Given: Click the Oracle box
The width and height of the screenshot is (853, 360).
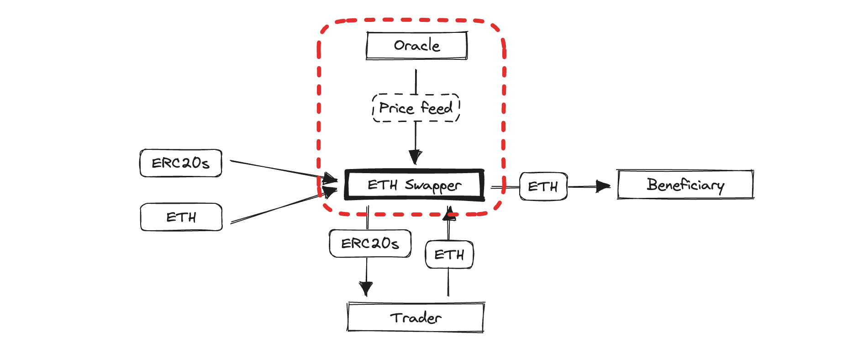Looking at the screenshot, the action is [x=417, y=46].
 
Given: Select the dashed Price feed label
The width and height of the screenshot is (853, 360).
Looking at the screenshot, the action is [x=416, y=108].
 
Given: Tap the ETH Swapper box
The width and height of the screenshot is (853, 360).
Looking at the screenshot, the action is [x=415, y=185].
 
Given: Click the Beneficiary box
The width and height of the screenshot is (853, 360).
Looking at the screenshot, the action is [x=685, y=185].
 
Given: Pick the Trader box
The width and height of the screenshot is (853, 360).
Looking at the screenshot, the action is [x=416, y=317].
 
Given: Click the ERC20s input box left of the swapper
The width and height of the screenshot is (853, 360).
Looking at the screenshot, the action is [x=181, y=163].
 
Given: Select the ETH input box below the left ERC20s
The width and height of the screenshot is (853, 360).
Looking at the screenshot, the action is [x=181, y=217].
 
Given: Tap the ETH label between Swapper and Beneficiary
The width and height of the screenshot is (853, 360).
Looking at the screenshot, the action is [x=543, y=186].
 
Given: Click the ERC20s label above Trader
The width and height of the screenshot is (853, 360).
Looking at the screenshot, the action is [x=370, y=244].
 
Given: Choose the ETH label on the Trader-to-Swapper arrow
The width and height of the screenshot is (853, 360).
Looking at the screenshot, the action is [x=449, y=254].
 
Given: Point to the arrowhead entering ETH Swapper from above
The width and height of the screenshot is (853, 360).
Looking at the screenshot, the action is [x=415, y=157].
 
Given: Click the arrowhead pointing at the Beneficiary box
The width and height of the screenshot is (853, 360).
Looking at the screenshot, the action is [x=604, y=186].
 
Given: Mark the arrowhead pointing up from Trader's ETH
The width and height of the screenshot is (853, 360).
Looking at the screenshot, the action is [x=449, y=213].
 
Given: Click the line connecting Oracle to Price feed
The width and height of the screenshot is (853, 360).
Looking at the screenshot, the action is [x=416, y=82].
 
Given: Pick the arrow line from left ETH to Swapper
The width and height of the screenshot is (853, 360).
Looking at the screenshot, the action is [x=284, y=206].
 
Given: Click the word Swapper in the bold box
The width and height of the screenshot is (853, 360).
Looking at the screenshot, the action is [x=433, y=185].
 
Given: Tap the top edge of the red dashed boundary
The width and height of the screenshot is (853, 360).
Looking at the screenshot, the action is [x=411, y=20].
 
